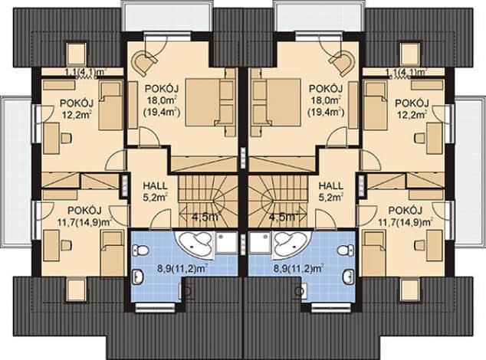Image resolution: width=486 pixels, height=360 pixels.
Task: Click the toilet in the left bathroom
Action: coord(140,250)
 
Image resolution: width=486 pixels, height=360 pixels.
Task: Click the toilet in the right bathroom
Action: coord(346,250)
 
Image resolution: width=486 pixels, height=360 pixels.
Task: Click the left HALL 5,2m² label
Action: coord(155,191)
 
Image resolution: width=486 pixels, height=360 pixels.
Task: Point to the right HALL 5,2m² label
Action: coord(331,191)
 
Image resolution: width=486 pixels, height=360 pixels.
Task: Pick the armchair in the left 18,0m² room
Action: coord(143,63)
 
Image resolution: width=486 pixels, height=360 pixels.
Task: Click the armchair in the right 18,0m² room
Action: coord(343,63)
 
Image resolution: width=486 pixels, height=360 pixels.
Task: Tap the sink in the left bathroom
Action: coord(137,277)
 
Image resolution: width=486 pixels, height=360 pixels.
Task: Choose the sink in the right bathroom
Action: coord(349,277)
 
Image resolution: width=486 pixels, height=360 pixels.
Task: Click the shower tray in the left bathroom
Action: coord(227,242)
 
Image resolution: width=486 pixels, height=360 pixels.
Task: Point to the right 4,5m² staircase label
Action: coord(284,216)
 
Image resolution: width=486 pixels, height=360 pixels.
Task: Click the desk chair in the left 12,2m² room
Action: coord(66,138)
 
